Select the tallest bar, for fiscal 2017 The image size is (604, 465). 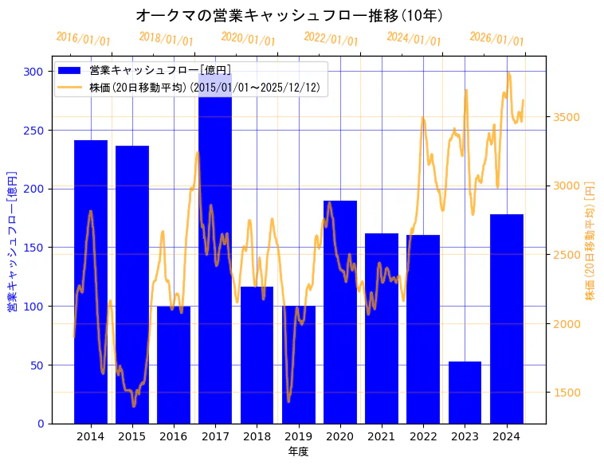coord(215,255)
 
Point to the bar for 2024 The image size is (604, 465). coord(507,318)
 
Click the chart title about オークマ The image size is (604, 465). coord(290,15)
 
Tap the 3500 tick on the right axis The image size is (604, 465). coord(567,117)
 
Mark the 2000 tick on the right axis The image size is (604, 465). coord(567,324)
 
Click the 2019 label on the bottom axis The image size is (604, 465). coord(298,436)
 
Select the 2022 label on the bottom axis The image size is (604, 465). coord(423,436)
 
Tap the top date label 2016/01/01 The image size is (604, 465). coord(84,39)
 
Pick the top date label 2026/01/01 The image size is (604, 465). coord(496,39)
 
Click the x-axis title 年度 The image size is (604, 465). coord(298,451)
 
